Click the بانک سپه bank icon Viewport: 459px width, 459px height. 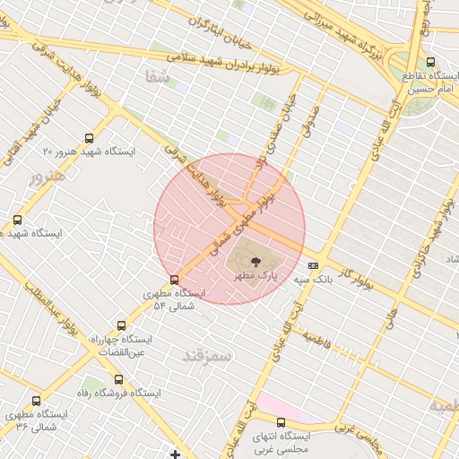click(x=313, y=265)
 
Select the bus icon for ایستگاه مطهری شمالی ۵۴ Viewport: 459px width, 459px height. click(x=174, y=280)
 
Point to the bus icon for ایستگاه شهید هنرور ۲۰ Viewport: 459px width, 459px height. click(x=88, y=138)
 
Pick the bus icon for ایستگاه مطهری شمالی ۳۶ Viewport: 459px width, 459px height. click(x=36, y=401)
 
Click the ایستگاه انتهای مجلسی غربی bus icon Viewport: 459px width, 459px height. click(x=281, y=422)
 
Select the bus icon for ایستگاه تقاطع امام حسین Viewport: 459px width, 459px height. click(x=431, y=63)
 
